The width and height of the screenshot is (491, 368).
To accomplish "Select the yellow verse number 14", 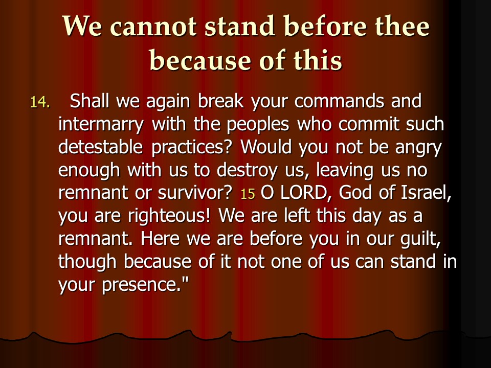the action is coord(40,102).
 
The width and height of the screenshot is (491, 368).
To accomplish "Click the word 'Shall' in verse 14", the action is coord(89,101).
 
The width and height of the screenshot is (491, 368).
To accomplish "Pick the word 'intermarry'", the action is coord(101,125).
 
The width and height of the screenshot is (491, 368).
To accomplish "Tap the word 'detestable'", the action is coord(101,147).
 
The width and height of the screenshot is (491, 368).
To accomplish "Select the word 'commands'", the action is coord(339,101).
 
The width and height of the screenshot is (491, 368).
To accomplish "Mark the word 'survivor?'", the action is coord(194,193).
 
